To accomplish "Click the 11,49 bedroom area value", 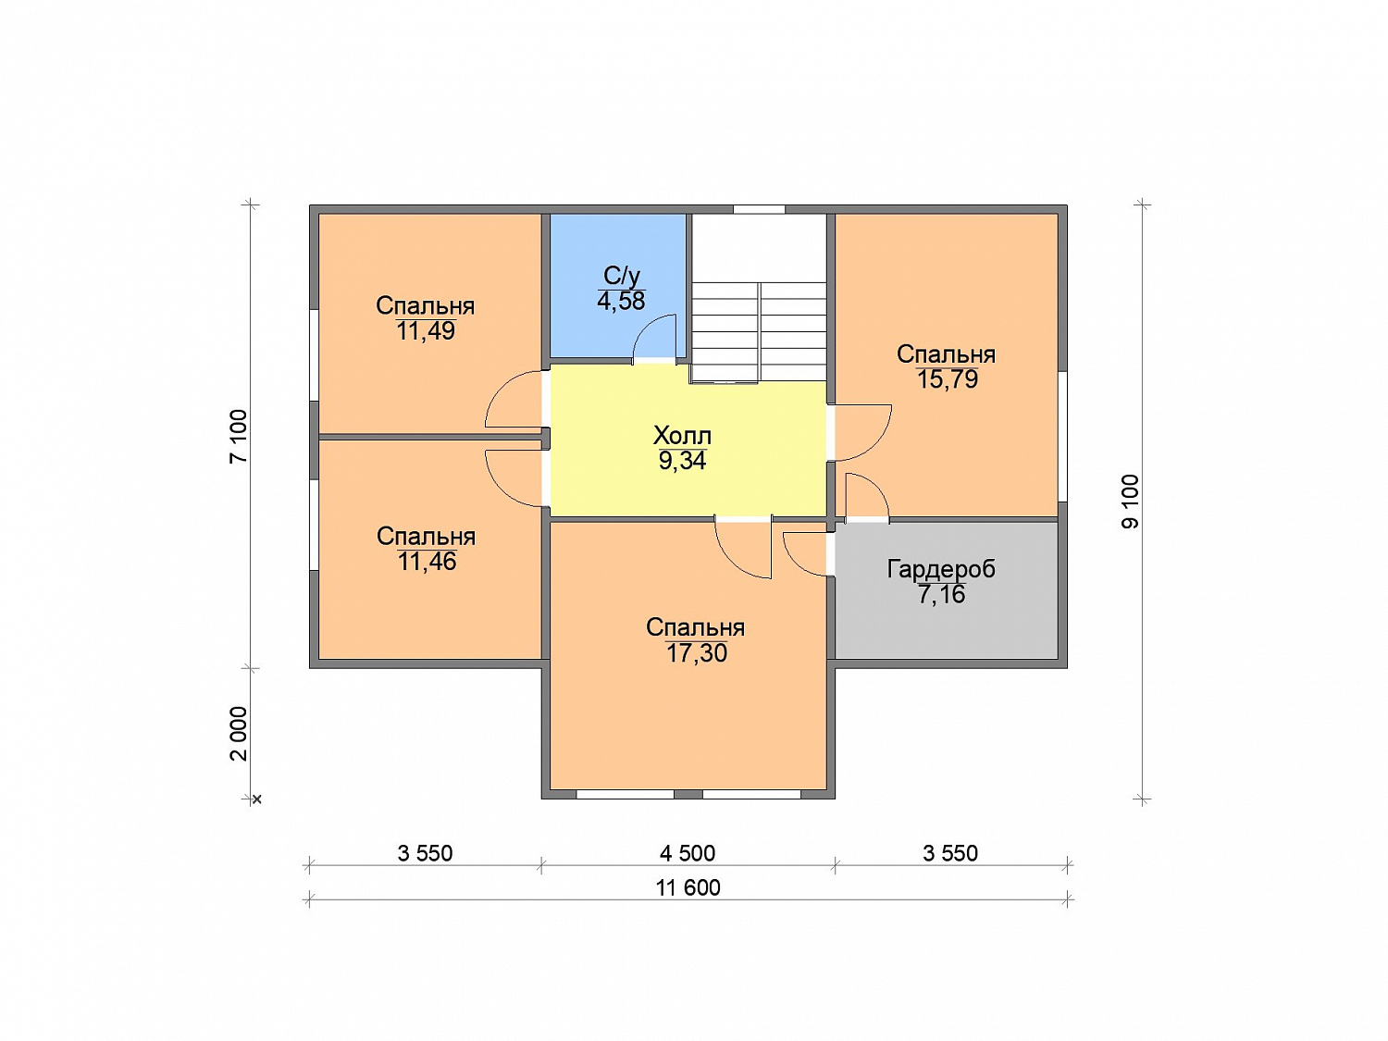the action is coord(426,331).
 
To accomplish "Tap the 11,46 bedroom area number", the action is coord(427,562).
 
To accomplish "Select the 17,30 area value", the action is coord(696,653).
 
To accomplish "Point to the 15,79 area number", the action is coord(948,379).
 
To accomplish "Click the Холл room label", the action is coord(682,436).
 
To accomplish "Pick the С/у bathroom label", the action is coord(622,276).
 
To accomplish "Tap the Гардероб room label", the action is coord(942,569).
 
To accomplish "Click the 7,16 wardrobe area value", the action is coord(942,595).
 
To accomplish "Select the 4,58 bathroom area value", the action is coord(621,301).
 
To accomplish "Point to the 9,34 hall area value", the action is coord(682,461).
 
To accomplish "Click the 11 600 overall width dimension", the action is coord(688,887).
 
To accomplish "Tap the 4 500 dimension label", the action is coord(688,853).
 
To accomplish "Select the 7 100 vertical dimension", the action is coord(239,436).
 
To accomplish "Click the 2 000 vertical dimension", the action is coord(239,733).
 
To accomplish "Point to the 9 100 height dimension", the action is coord(1130,502).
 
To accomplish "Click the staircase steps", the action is coord(758,332).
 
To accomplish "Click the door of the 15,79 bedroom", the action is coord(863,432).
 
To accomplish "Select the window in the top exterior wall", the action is coord(759,209).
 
